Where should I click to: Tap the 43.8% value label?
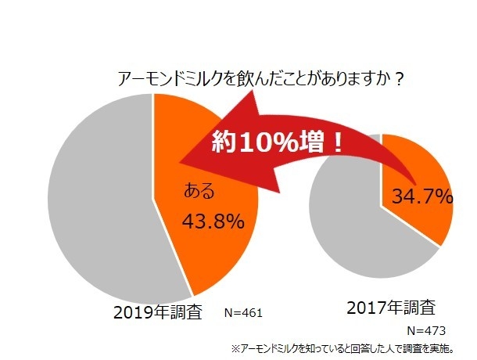coord(213,221)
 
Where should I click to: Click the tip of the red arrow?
coord(181,164)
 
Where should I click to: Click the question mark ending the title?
coord(399,79)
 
